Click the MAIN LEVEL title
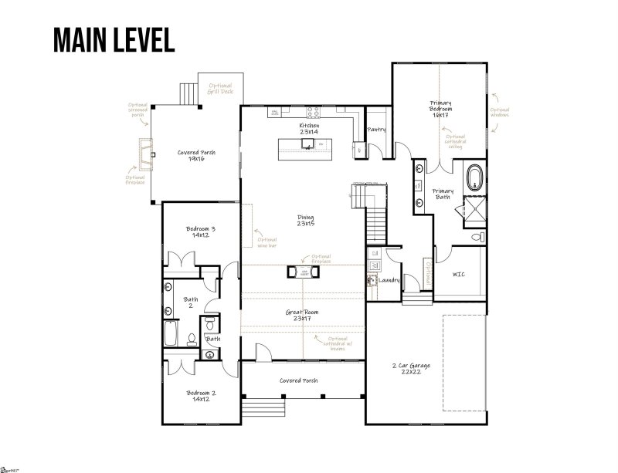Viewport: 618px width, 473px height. coord(114,38)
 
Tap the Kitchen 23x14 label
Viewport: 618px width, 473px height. coord(309,129)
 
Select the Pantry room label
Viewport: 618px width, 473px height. coord(376,130)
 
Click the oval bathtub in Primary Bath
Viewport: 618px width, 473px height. coord(474,177)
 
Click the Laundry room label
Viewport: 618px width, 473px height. coord(389,280)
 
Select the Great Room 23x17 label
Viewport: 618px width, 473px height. coord(301,316)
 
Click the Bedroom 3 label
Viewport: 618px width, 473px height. coord(201,231)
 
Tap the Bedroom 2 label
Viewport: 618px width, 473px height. coord(201,396)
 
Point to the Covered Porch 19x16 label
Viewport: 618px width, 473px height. coord(196,155)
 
